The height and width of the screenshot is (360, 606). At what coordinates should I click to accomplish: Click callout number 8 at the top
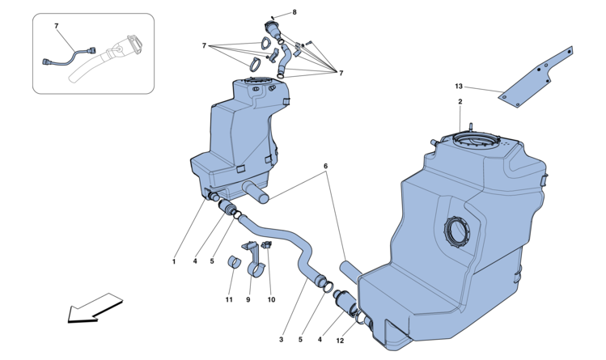click(295, 12)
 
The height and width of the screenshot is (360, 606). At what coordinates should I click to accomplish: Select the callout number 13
click(458, 85)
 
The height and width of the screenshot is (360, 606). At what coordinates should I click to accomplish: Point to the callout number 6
click(326, 166)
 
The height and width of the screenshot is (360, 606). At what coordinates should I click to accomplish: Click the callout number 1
click(174, 261)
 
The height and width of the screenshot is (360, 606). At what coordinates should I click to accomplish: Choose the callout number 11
click(230, 300)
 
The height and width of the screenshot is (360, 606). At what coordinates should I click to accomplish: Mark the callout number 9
click(249, 300)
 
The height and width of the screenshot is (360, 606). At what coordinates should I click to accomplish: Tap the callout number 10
click(271, 300)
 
